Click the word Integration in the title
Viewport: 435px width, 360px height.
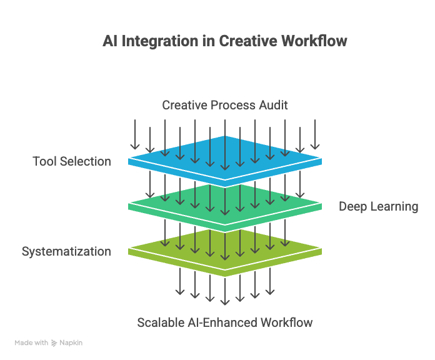point(158,41)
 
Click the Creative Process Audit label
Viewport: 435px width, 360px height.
point(225,105)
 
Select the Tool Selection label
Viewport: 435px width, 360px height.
point(72,162)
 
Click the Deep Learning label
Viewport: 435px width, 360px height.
point(378,206)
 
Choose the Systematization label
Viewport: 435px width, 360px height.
point(66,252)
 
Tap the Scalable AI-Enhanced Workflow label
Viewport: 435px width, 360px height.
point(225,322)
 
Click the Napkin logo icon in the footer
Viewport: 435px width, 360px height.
point(54,343)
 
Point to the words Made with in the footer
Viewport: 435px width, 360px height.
point(31,343)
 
